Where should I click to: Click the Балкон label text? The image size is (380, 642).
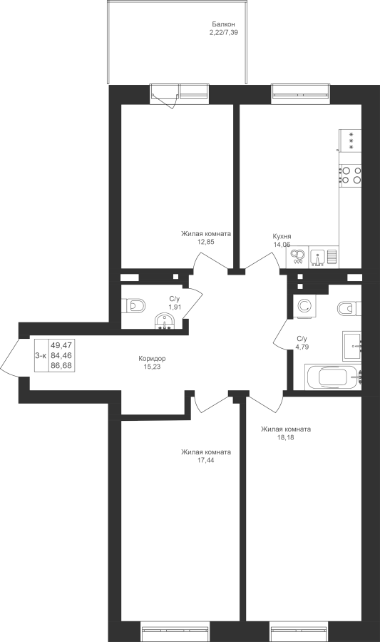click(x=223, y=24)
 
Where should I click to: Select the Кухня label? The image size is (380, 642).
click(x=282, y=236)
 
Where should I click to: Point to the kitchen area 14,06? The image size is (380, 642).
click(x=282, y=244)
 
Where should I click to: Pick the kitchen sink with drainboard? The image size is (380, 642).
click(x=324, y=257)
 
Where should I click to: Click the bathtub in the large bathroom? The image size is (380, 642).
click(x=334, y=377)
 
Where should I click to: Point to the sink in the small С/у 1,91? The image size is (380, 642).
click(x=165, y=320)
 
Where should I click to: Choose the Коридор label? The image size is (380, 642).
click(x=152, y=359)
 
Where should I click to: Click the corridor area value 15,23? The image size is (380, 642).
click(x=152, y=367)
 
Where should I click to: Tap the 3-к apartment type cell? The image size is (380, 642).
click(x=41, y=356)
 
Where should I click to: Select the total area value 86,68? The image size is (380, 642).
click(x=61, y=365)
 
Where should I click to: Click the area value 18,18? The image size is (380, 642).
click(x=286, y=437)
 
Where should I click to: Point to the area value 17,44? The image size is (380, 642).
click(x=206, y=460)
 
